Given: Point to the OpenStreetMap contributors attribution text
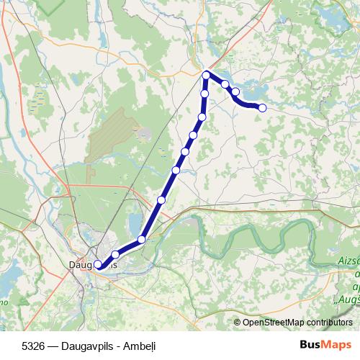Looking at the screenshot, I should [297, 322].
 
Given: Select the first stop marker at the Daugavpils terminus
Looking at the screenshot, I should [98, 264].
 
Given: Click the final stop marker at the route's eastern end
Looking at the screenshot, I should [262, 108].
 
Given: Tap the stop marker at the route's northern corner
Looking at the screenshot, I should [206, 75].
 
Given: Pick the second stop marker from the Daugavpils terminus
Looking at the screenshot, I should [114, 254].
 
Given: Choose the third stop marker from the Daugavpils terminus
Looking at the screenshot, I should [142, 239].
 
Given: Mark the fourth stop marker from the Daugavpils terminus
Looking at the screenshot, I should [161, 199].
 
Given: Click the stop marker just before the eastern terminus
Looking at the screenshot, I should [235, 91].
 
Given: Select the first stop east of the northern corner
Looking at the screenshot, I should [225, 84].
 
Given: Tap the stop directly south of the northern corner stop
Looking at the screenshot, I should [205, 94].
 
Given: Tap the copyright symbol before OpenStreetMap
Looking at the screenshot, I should [237, 322].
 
